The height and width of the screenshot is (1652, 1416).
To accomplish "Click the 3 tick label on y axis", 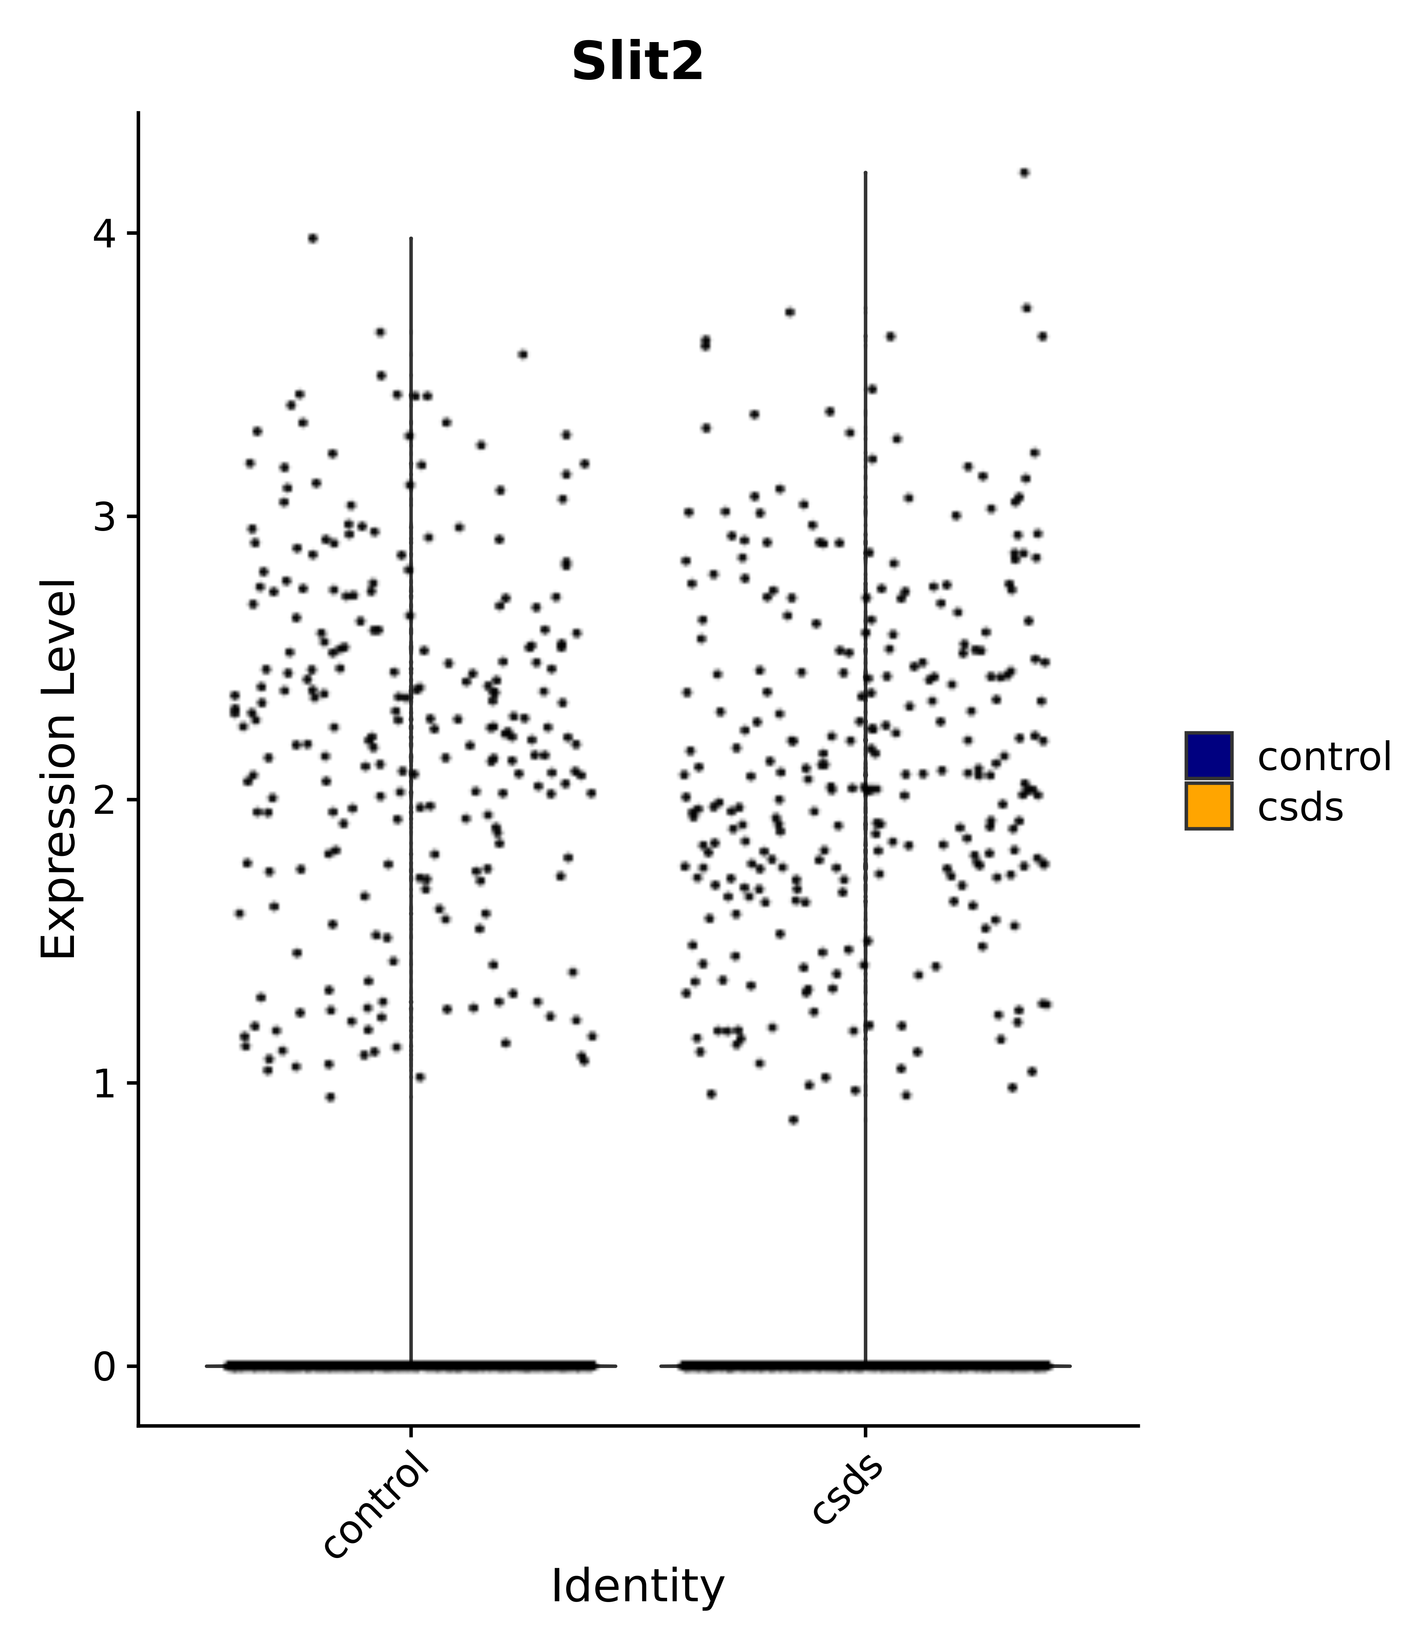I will (105, 517).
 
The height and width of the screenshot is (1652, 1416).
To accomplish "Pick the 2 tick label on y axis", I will (105, 800).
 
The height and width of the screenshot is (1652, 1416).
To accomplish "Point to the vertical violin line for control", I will (411, 797).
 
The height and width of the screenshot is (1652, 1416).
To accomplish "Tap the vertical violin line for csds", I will (865, 797).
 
